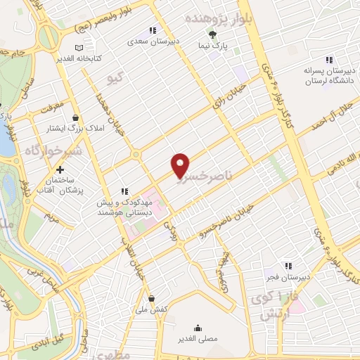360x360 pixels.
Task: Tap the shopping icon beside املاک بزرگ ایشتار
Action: tap(75, 117)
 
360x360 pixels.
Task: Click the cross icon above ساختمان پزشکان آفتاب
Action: tap(60, 169)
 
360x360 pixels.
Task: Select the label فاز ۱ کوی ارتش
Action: tap(269, 307)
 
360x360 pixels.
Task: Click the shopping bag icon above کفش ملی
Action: tap(151, 298)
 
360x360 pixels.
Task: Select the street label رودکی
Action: tap(172, 226)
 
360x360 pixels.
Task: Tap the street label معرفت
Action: tap(53, 109)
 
